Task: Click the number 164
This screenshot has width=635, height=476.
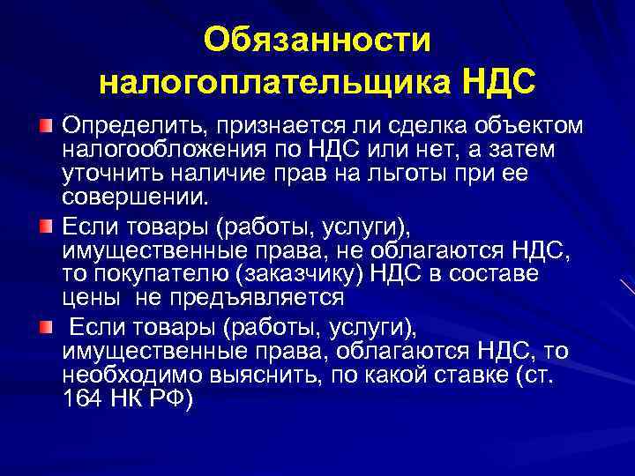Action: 83,397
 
